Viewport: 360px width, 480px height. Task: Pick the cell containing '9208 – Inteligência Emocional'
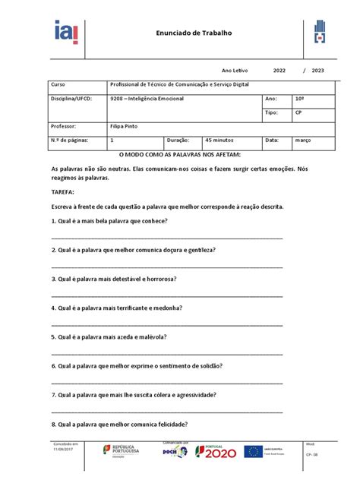pos(152,99)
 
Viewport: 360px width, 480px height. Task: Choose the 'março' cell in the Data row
pos(305,141)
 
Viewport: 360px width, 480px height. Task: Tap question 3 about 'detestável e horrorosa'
pos(113,279)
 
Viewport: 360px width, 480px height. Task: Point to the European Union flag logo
pos(254,452)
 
